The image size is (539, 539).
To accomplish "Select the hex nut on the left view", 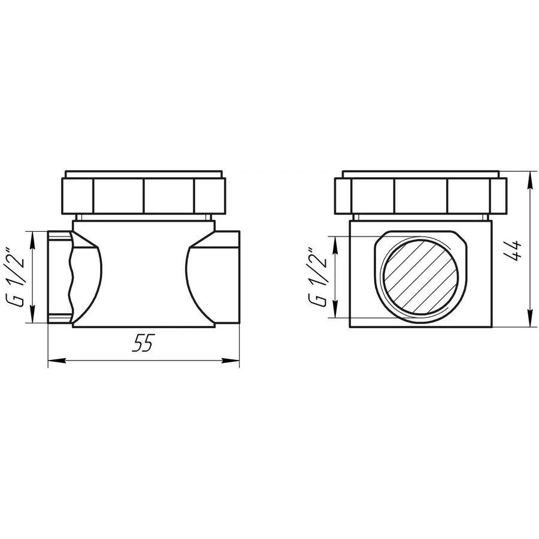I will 144,195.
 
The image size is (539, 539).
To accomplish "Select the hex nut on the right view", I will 420,195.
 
